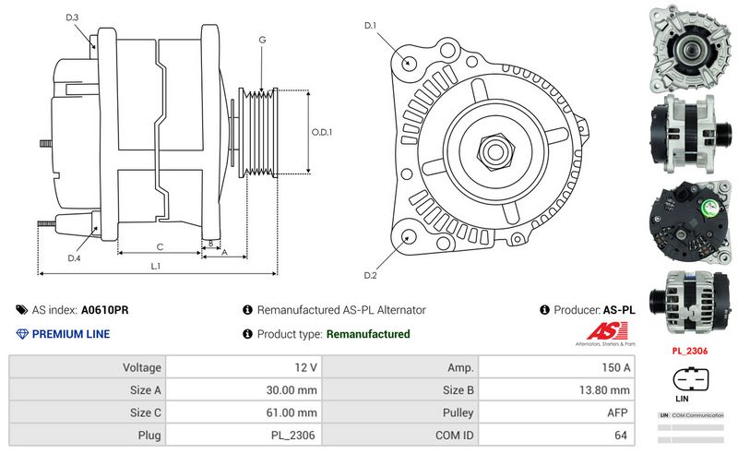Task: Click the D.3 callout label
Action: pos(73,18)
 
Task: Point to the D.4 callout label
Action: pos(74,257)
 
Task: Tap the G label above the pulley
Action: pos(262,40)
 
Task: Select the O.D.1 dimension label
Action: pos(321,131)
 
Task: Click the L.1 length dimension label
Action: pos(157,266)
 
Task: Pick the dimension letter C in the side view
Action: pos(160,246)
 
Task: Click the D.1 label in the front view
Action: pos(371,26)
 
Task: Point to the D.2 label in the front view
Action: pos(371,275)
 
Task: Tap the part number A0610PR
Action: pos(104,310)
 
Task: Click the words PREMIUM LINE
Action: pos(71,334)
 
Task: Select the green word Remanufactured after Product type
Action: pos(368,334)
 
